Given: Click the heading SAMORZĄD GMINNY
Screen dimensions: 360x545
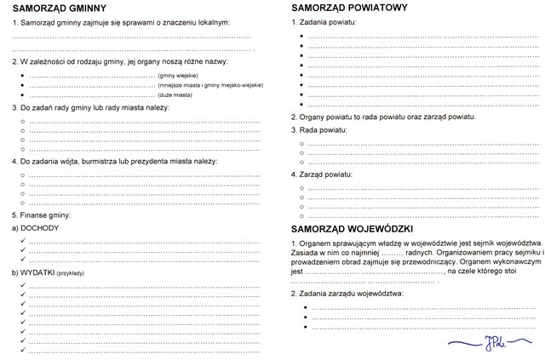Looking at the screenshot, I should [58, 7].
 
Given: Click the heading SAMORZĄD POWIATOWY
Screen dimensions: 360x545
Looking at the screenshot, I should [348, 7].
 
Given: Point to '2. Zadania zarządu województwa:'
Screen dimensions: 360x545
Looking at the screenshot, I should [350, 294].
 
